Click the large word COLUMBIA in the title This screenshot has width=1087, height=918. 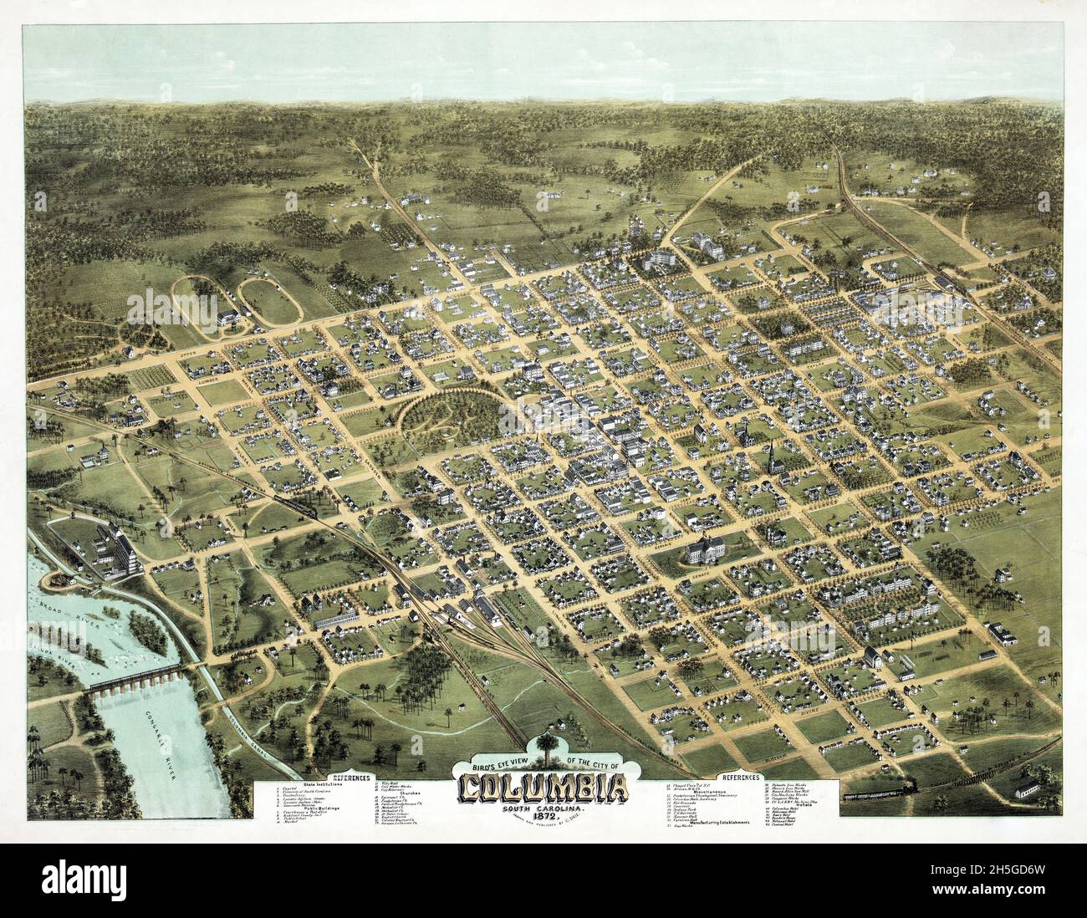(x=543, y=788)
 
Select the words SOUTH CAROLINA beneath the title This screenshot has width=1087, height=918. (x=543, y=808)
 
